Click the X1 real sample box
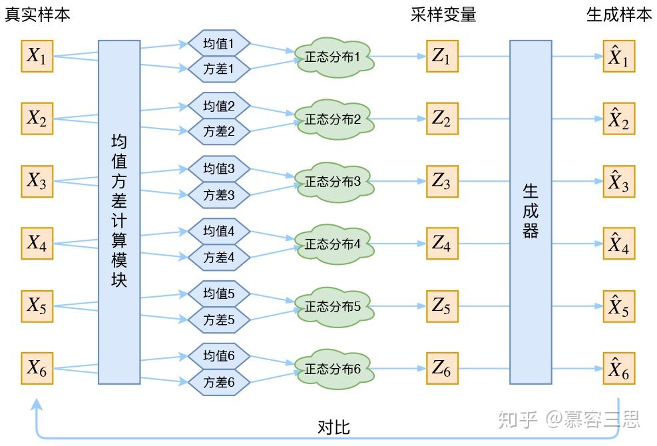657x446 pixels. tap(37, 57)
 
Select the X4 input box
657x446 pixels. tap(37, 244)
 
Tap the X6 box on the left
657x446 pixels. tap(37, 368)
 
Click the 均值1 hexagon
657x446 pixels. tap(219, 44)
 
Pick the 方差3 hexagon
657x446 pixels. tap(219, 195)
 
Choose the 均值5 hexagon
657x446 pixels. tap(219, 294)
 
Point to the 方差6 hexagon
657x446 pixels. tap(219, 383)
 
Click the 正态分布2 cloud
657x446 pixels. tap(333, 120)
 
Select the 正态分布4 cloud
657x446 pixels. tap(333, 244)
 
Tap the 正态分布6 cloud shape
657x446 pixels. tap(333, 369)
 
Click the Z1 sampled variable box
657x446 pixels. tap(441, 57)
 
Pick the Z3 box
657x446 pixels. tap(441, 181)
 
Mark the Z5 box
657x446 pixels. tap(441, 306)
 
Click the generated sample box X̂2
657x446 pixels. tap(618, 119)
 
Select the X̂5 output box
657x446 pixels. tap(618, 306)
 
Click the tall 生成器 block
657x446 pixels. tap(531, 212)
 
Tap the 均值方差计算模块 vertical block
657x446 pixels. tap(119, 212)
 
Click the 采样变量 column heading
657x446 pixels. tap(443, 15)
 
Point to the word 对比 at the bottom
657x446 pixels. tap(333, 427)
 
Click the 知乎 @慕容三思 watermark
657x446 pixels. tap(569, 419)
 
